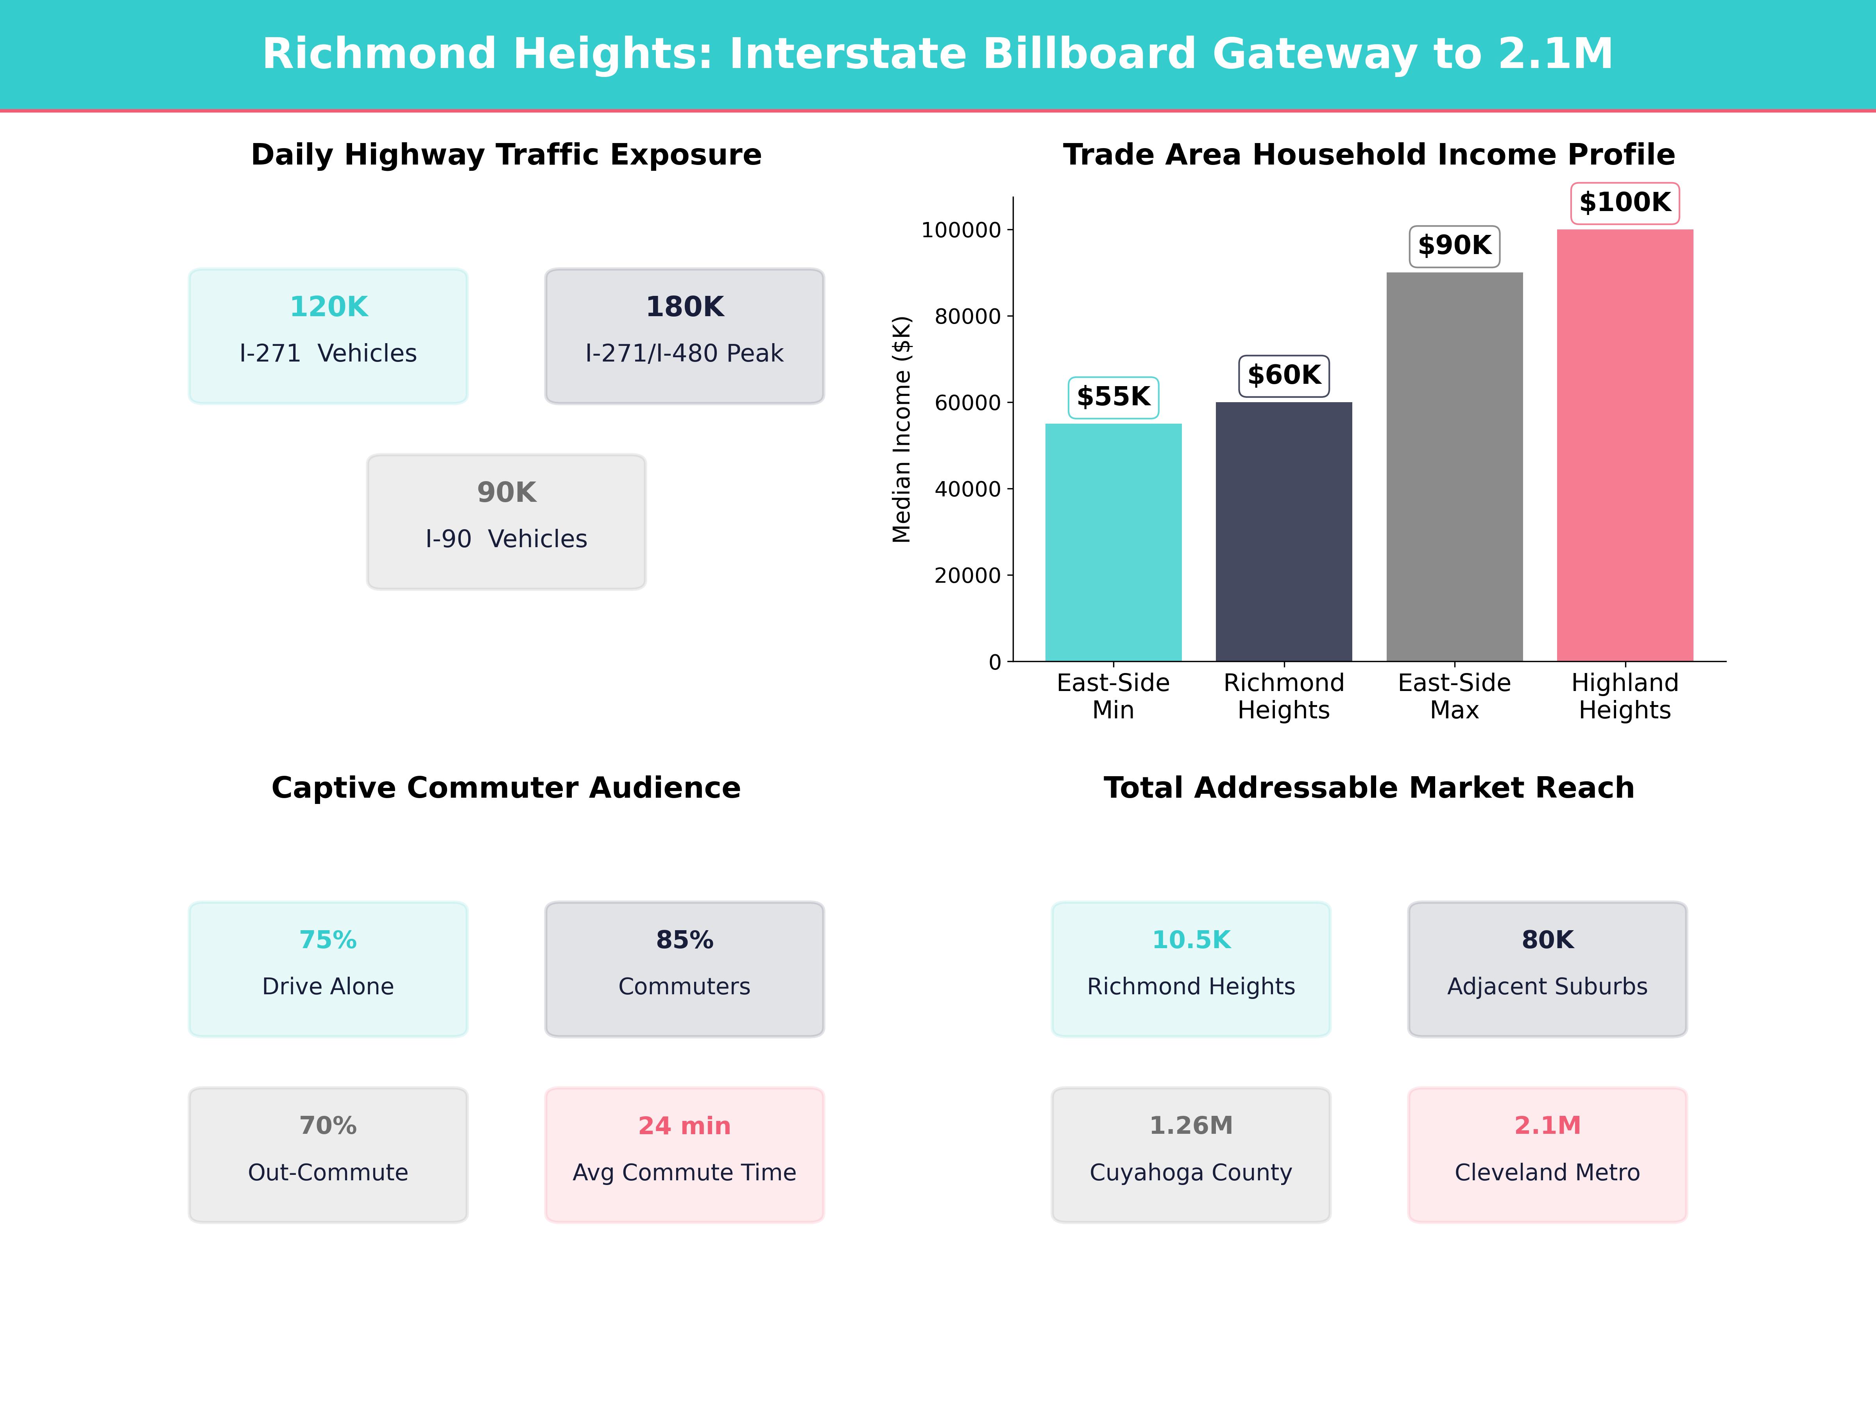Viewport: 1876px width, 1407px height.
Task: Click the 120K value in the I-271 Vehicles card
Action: (x=328, y=307)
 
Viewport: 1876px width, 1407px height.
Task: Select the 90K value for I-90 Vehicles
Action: (x=506, y=493)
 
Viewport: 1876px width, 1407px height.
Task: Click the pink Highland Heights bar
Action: (x=1624, y=445)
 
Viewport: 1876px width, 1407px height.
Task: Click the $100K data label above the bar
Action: (x=1624, y=203)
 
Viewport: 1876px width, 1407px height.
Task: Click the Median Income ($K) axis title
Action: (x=902, y=429)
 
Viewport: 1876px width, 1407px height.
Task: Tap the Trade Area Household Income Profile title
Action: (x=1369, y=155)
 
